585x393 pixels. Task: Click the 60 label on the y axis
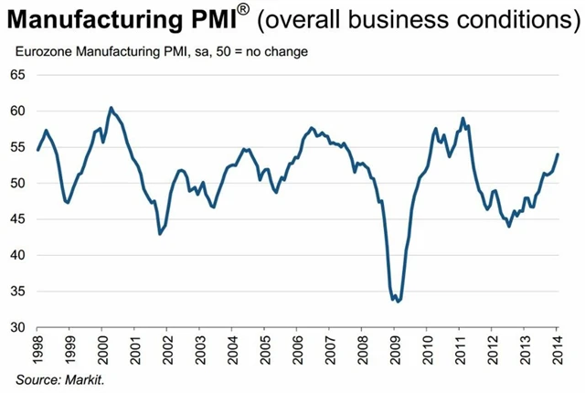pyautogui.click(x=16, y=111)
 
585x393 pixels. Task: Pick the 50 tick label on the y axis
pyautogui.click(x=16, y=183)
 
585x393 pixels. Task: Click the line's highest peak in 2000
pyautogui.click(x=111, y=108)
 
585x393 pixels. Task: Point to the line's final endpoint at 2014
pyautogui.click(x=558, y=154)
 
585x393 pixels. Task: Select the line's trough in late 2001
pyautogui.click(x=160, y=234)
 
